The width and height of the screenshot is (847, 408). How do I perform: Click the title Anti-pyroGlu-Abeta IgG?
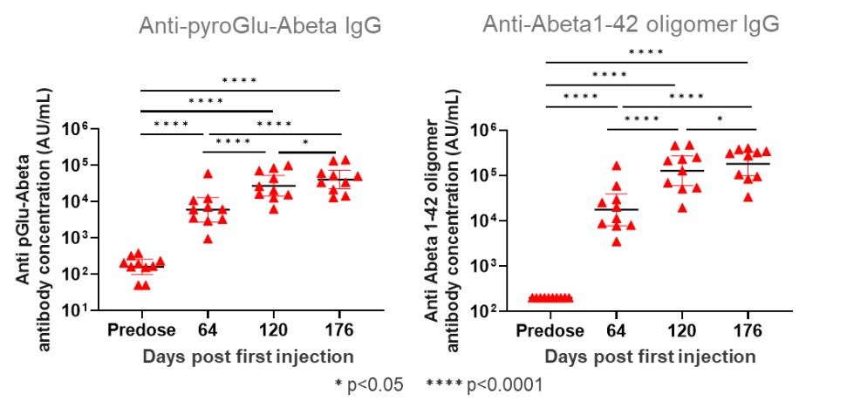pyautogui.click(x=259, y=25)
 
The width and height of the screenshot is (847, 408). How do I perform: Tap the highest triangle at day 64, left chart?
pyautogui.click(x=208, y=174)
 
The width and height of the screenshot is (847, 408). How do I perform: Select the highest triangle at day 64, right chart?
pyautogui.click(x=616, y=166)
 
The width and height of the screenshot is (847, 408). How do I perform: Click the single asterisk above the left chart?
pyautogui.click(x=305, y=143)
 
